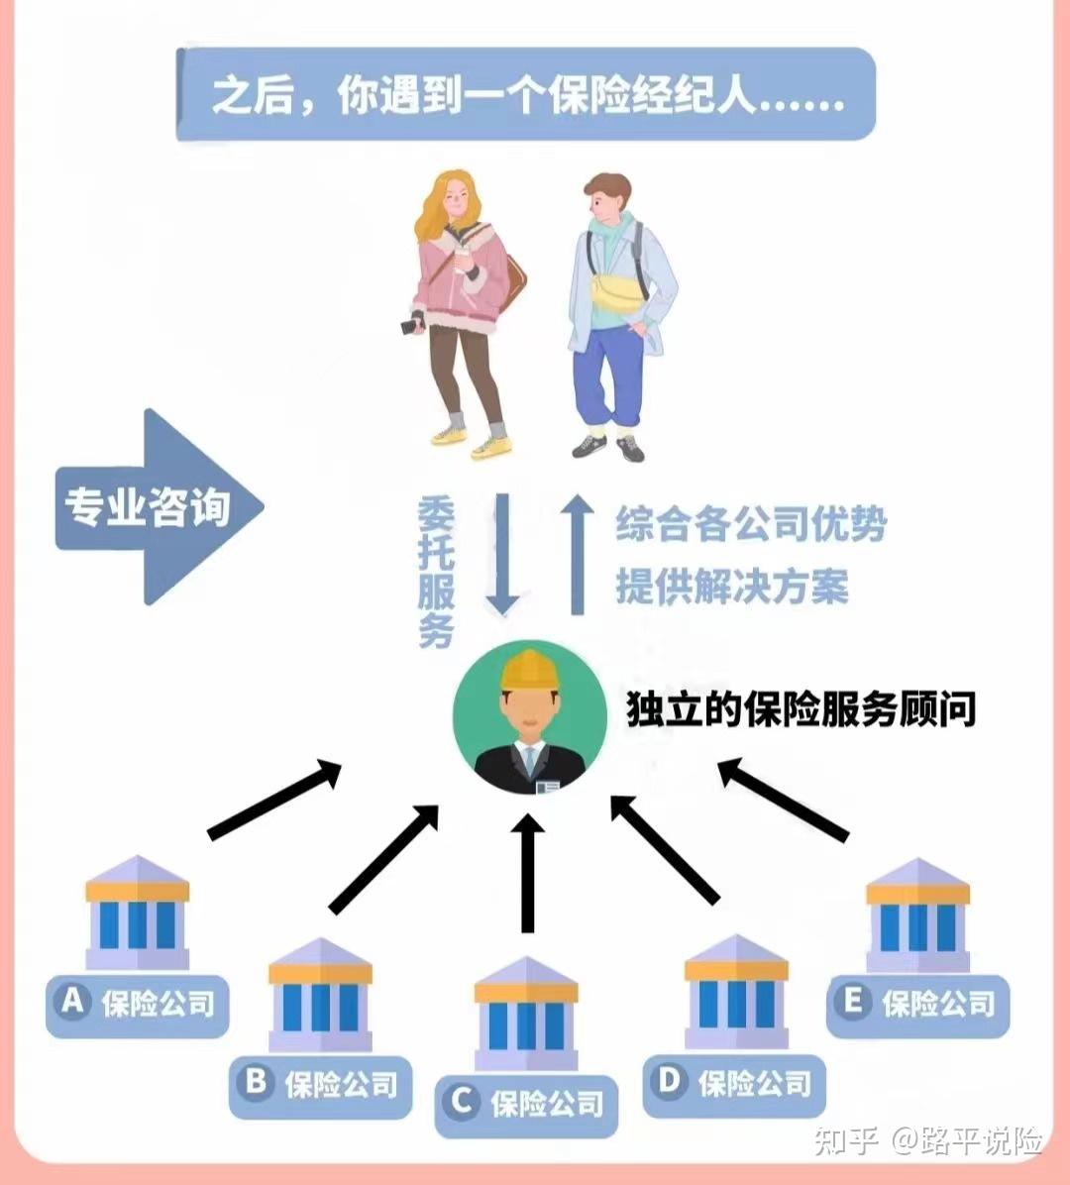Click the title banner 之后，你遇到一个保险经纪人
click(x=526, y=96)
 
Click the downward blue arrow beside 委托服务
click(x=502, y=555)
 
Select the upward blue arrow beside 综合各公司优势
click(x=577, y=555)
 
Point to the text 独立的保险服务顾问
click(x=801, y=709)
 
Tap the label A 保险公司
click(x=138, y=1005)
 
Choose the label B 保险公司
click(x=320, y=1085)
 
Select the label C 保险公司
click(x=526, y=1104)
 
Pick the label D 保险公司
click(x=734, y=1084)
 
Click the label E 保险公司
click(x=917, y=1005)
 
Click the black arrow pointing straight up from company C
click(x=528, y=872)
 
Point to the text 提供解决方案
click(x=731, y=587)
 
